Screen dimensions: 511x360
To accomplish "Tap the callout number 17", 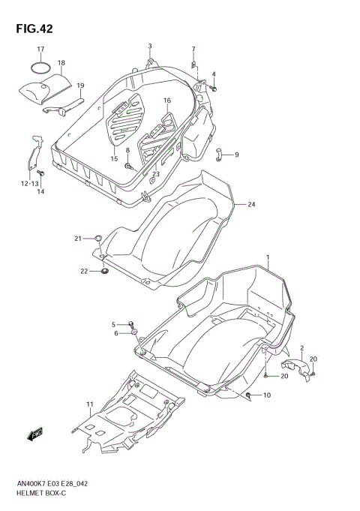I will pyautogui.click(x=41, y=50).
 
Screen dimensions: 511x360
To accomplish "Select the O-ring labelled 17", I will pyautogui.click(x=40, y=68).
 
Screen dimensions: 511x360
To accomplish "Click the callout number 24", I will pyautogui.click(x=252, y=204).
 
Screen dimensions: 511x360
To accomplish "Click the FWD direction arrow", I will pyautogui.click(x=36, y=434).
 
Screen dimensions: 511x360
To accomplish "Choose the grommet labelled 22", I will pyautogui.click(x=103, y=270).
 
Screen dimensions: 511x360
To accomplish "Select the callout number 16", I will pyautogui.click(x=166, y=101).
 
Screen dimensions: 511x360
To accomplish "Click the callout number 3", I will pyautogui.click(x=150, y=47).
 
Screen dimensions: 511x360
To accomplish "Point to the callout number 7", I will pyautogui.click(x=193, y=50).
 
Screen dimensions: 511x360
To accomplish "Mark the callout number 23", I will pyautogui.click(x=156, y=175).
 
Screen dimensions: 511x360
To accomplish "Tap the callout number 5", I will pyautogui.click(x=115, y=324).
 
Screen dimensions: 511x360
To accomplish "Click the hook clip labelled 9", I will pyautogui.click(x=219, y=155).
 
